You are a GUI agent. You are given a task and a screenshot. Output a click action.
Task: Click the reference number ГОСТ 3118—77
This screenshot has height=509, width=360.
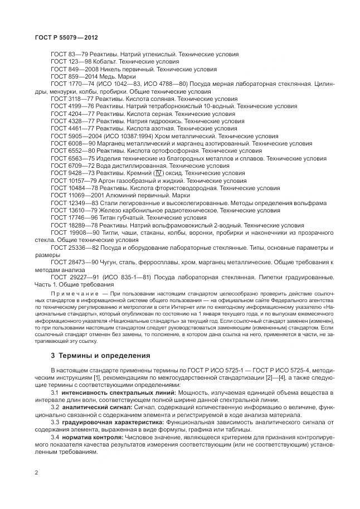tap(69, 97)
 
